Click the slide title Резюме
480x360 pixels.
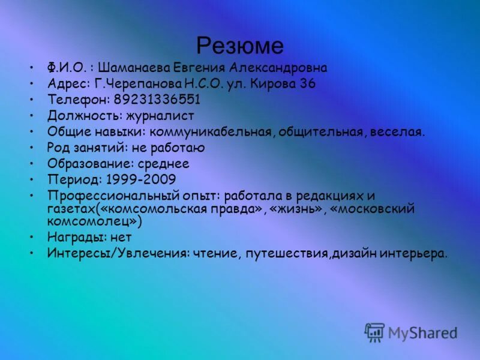(240, 45)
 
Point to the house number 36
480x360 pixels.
(308, 83)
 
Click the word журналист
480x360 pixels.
(163, 115)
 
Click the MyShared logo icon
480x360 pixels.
(374, 332)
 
